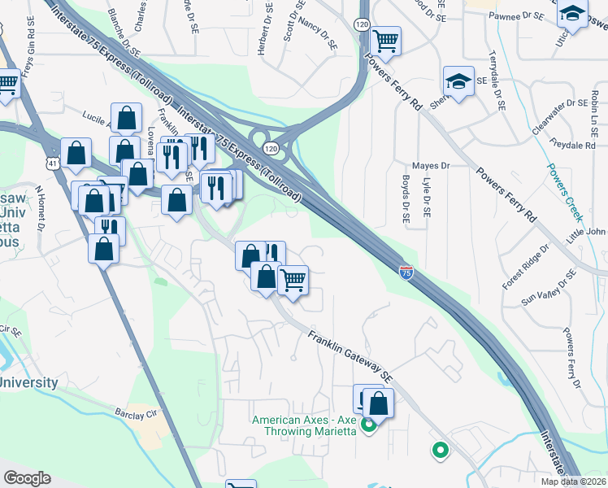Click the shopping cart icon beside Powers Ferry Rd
pyautogui.click(x=385, y=40)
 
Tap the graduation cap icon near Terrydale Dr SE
pyautogui.click(x=458, y=81)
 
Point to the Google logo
pyautogui.click(x=27, y=478)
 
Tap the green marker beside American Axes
pyautogui.click(x=368, y=424)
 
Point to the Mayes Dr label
pyautogui.click(x=431, y=165)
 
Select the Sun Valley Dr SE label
pyautogui.click(x=548, y=288)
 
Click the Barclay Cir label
pyautogui.click(x=135, y=413)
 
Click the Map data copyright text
pyautogui.click(x=574, y=481)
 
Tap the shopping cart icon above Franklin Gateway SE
pyautogui.click(x=293, y=281)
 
